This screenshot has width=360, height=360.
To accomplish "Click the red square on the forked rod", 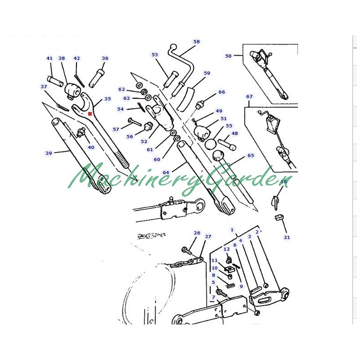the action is coord(90,114).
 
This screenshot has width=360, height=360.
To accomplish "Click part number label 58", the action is coord(197,41).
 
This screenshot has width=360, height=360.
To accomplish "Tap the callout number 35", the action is coord(108,99).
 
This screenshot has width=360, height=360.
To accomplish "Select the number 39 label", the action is coord(49,153).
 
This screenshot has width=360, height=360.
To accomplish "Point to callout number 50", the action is coord(228,56).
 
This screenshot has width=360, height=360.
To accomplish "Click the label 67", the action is coord(249,97).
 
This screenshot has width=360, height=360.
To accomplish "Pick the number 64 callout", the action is coord(166,173).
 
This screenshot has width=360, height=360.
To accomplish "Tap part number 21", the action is coord(287,238).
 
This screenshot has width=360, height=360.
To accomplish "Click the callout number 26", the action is coord(197,233).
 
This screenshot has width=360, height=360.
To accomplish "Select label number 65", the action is coord(251,155).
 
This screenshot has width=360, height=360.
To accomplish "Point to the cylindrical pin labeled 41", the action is coord(55,81).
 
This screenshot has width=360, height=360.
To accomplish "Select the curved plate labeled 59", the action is coord(186,99).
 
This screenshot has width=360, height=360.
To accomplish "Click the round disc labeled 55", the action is coord(211,144).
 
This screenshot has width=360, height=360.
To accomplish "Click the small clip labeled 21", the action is coord(279,217).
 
